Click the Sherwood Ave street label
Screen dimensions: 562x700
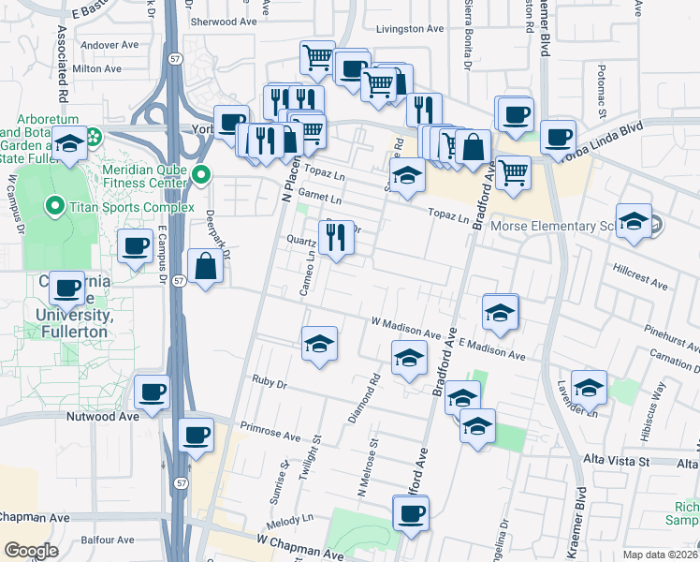click(223, 21)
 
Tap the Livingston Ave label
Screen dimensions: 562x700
click(409, 29)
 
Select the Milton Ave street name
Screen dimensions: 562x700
click(97, 68)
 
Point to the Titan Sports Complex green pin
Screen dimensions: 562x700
click(55, 206)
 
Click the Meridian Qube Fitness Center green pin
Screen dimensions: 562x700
click(200, 175)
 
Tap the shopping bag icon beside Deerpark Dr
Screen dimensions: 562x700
click(206, 267)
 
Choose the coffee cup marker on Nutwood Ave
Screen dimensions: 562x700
click(153, 392)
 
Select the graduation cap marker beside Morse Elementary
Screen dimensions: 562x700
click(634, 222)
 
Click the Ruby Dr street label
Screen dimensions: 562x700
click(269, 381)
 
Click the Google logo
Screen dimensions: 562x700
click(31, 551)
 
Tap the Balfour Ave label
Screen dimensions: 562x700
click(111, 540)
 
